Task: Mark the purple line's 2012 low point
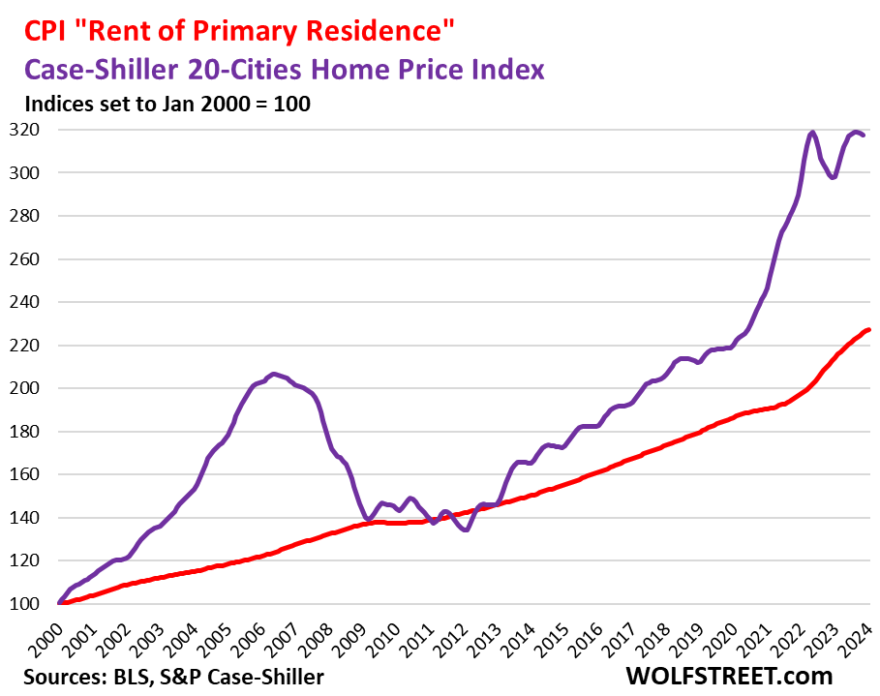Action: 466,530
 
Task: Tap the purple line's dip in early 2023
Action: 833,177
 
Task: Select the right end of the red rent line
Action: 868,330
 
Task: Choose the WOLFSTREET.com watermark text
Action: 731,675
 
